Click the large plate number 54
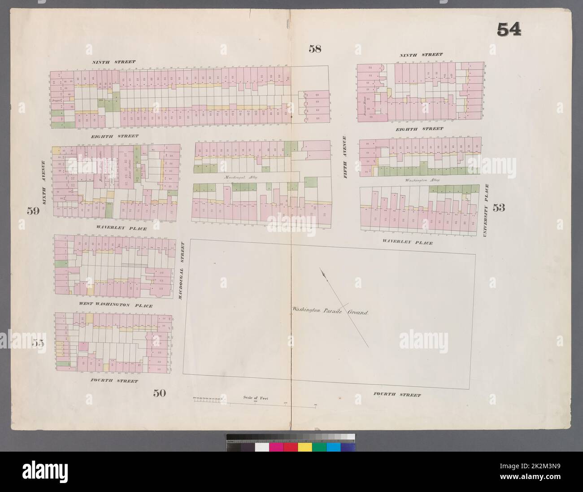pos(509,30)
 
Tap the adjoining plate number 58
pos(315,49)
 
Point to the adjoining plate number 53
pos(499,207)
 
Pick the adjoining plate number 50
pos(159,393)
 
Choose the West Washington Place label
pos(116,306)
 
